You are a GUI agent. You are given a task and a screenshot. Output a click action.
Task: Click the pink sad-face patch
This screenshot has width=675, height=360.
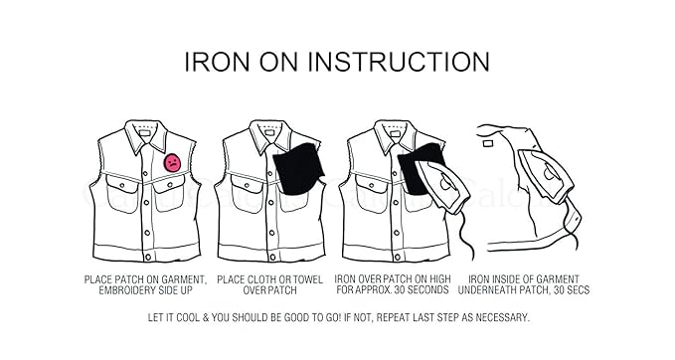(173, 161)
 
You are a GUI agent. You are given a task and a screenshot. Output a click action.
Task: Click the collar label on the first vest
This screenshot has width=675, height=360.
(145, 129)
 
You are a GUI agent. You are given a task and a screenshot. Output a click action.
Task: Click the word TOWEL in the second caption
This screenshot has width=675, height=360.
(309, 279)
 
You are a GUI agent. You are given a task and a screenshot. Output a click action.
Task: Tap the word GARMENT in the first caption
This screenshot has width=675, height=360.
(178, 279)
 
